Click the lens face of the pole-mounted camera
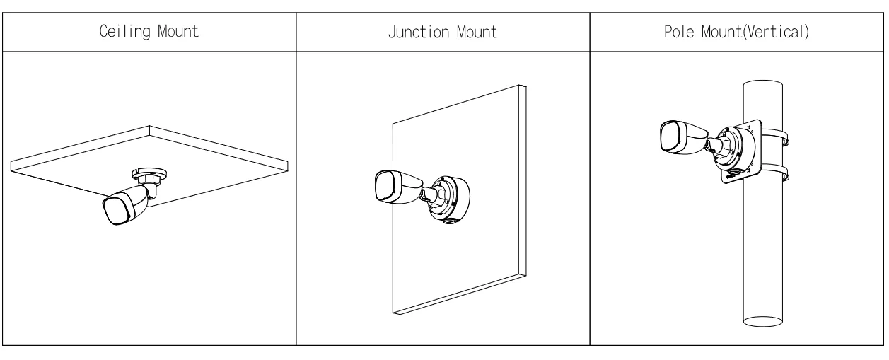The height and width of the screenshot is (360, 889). click(x=671, y=137)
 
